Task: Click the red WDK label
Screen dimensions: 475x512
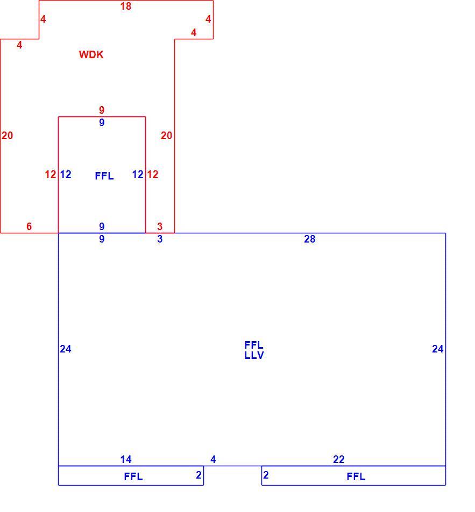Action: click(91, 54)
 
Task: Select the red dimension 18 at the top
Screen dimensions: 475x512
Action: click(125, 6)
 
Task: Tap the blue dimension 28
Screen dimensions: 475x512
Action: click(309, 239)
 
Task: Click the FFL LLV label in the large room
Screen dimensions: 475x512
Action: click(254, 350)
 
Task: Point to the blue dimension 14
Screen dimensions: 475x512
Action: click(125, 459)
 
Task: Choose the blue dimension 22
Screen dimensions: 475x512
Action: click(339, 459)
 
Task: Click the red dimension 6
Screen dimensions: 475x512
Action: click(29, 226)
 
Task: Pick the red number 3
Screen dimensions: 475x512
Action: click(160, 226)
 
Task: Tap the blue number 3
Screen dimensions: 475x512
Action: click(160, 239)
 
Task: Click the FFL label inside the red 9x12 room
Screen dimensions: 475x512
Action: click(104, 176)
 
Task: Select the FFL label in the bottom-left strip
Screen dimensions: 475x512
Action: click(133, 477)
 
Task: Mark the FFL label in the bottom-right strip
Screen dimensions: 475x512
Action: click(356, 477)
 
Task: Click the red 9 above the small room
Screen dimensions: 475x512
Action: click(102, 110)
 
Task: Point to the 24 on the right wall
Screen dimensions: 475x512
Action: click(437, 349)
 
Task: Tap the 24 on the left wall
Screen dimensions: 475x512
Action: click(66, 349)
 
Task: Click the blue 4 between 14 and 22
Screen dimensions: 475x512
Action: click(213, 459)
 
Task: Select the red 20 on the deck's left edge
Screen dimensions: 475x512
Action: click(7, 135)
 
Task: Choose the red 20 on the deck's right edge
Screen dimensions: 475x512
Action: click(166, 135)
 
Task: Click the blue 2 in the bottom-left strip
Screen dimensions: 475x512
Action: click(198, 475)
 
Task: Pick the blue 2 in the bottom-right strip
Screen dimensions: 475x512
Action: click(266, 475)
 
